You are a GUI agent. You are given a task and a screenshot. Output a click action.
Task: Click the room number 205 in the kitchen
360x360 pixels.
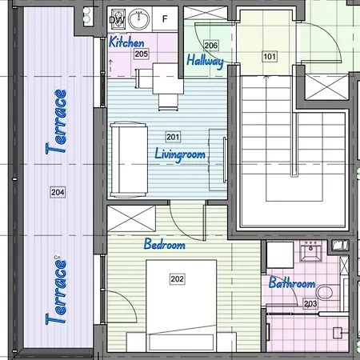(x=141, y=54)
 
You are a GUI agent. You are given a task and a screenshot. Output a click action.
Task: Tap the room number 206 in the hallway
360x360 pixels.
(x=211, y=45)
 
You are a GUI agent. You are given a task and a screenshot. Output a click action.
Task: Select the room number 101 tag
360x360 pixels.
(x=270, y=57)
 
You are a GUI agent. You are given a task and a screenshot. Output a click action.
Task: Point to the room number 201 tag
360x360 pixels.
(x=173, y=137)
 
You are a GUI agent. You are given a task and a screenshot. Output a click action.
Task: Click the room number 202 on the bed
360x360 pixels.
(x=177, y=279)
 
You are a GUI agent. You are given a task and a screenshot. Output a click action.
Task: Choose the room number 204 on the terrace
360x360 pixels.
(x=58, y=192)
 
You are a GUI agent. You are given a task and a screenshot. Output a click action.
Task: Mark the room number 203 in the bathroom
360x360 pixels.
(x=310, y=304)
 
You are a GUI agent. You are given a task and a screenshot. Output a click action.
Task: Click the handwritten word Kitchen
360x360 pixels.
(x=126, y=42)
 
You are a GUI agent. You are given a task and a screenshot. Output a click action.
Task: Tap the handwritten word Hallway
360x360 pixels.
(x=205, y=62)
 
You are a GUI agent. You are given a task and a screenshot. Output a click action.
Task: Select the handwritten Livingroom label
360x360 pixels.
(x=180, y=154)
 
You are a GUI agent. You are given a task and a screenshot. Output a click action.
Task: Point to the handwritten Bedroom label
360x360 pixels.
(x=164, y=244)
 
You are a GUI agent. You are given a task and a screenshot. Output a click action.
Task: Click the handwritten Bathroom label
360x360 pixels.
(x=292, y=282)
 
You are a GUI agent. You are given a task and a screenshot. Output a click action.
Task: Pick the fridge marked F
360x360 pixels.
(x=165, y=18)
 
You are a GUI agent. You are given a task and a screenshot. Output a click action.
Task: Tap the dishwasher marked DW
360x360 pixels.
(x=118, y=19)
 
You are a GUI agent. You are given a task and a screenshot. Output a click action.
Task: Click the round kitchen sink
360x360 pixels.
(x=139, y=19)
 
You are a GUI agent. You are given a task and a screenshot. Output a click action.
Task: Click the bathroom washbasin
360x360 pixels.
(x=311, y=250)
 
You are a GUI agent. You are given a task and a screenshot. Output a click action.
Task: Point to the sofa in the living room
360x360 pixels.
(x=129, y=160)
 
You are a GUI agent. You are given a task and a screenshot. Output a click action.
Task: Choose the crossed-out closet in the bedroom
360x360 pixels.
(x=131, y=218)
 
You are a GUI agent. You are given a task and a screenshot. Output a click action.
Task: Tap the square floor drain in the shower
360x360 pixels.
(x=338, y=333)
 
